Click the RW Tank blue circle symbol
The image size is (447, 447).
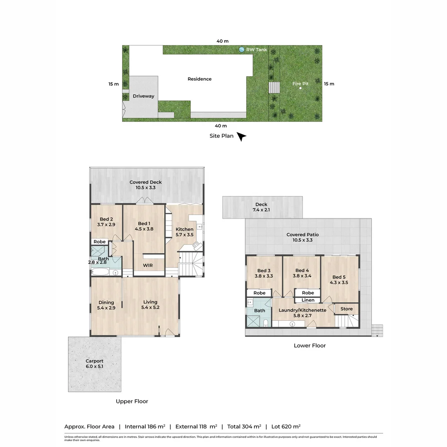[x=241, y=50]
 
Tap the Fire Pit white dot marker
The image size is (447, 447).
[x=301, y=88]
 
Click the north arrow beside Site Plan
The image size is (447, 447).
[x=242, y=137]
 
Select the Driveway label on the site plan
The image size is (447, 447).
[x=143, y=96]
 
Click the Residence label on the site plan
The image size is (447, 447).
[x=199, y=79]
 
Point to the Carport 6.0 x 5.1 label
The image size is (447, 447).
[x=94, y=364]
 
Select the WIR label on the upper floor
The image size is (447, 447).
[x=148, y=265]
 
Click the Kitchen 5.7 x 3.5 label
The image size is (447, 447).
[x=185, y=232]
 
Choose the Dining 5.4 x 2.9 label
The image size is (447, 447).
[x=106, y=305]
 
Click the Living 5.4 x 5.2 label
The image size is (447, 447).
[x=150, y=305]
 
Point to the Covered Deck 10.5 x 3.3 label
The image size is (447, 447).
[x=145, y=185]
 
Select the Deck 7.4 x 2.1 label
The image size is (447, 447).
[x=261, y=207]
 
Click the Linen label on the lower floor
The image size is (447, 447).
[x=308, y=300]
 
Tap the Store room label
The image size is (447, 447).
[x=346, y=309]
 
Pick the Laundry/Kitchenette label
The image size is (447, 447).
[x=302, y=312]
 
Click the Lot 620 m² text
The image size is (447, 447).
[x=286, y=426]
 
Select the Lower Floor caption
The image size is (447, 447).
[x=310, y=345]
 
